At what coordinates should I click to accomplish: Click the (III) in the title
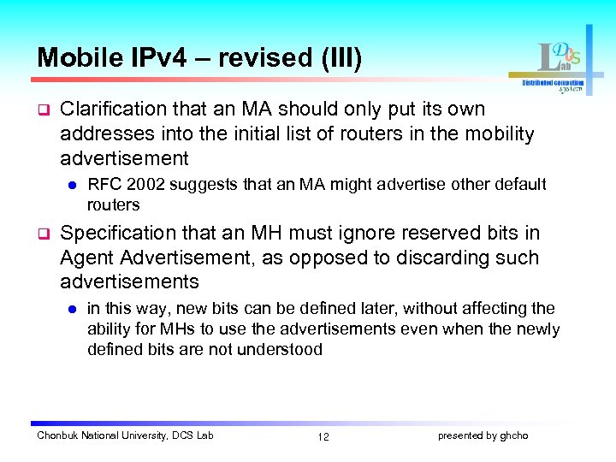(339, 58)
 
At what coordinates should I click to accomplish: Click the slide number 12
(323, 437)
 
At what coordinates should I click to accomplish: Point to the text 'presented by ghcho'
(483, 436)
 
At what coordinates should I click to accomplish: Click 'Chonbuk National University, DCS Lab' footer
(125, 436)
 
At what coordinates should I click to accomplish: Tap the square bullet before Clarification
(42, 110)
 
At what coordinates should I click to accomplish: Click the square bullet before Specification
(42, 234)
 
